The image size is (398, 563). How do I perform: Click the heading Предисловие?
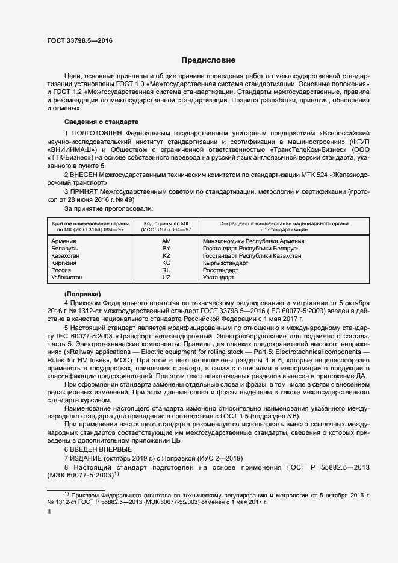pyautogui.click(x=209, y=60)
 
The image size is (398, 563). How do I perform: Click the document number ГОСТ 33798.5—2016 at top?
pyautogui.click(x=79, y=40)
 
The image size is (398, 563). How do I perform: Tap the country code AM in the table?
pyautogui.click(x=167, y=241)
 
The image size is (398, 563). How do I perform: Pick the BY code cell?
pyautogui.click(x=167, y=248)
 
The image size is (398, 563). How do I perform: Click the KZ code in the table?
pyautogui.click(x=167, y=255)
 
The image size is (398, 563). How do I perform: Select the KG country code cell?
pyautogui.click(x=167, y=263)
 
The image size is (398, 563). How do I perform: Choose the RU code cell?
pyautogui.click(x=167, y=270)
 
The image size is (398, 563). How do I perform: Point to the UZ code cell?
pyautogui.click(x=167, y=278)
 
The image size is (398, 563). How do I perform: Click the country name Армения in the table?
pyautogui.click(x=64, y=241)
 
